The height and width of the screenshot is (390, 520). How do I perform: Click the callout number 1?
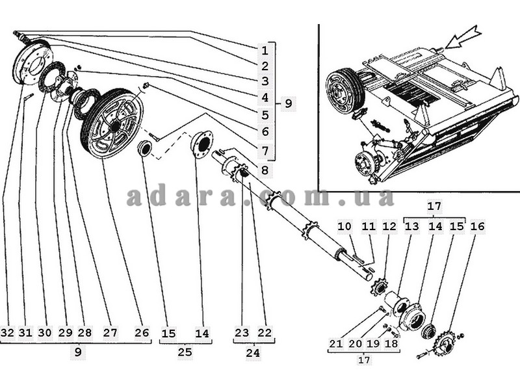[x=265, y=50]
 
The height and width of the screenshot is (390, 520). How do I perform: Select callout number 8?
[x=265, y=170]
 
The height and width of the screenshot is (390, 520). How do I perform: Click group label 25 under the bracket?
[x=185, y=352]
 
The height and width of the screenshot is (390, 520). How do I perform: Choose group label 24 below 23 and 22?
[x=253, y=353]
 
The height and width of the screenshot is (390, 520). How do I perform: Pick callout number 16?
[x=477, y=227]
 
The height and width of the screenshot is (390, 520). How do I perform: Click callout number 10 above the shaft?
[x=344, y=227]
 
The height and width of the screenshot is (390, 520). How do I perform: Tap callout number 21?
[x=335, y=344]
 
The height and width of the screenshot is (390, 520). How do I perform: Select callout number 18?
[x=391, y=344]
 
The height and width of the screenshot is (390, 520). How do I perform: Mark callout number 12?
[x=389, y=227]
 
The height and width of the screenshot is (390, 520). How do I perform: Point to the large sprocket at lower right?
[x=445, y=343]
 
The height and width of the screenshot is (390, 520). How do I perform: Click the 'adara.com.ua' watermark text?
[x=260, y=197]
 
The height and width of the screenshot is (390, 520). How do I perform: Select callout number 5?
[x=265, y=115]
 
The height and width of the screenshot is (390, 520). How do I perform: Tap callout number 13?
[x=411, y=227]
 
